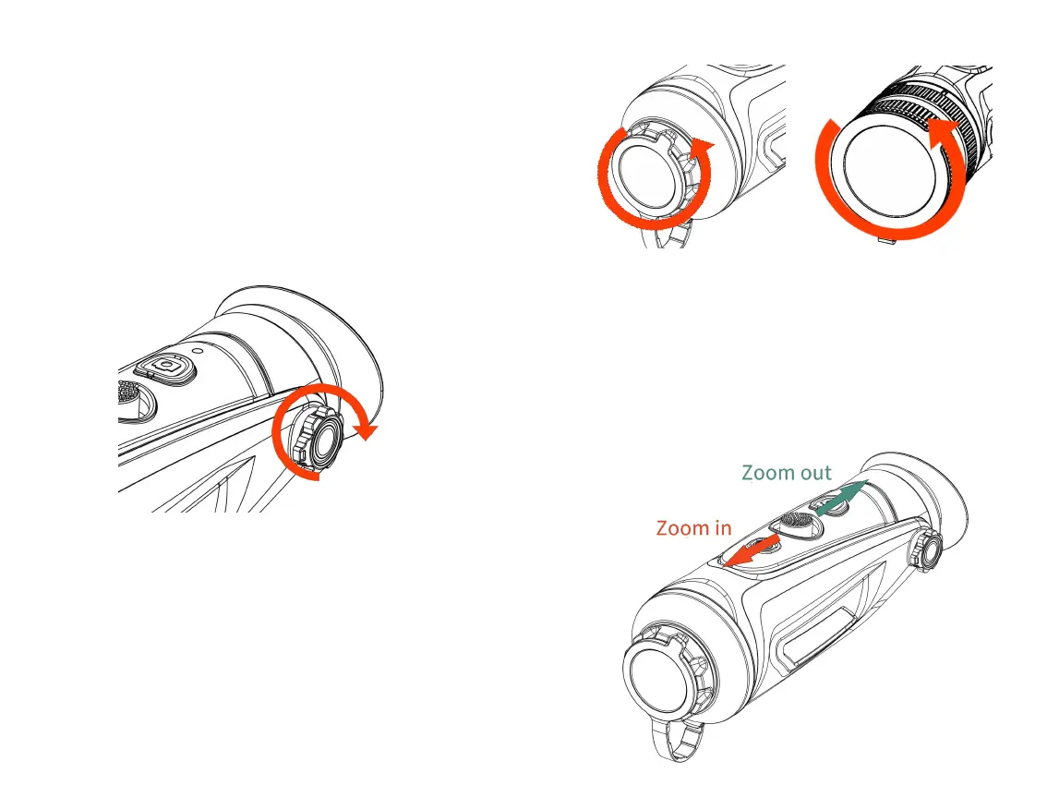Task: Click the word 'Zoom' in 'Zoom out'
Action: click(766, 474)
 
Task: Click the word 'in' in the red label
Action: click(723, 528)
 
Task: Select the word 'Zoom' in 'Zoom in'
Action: click(680, 528)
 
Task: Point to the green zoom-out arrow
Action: click(840, 496)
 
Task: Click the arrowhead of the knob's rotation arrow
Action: click(367, 430)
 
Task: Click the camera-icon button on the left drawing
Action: click(166, 367)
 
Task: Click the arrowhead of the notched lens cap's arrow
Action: click(704, 148)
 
